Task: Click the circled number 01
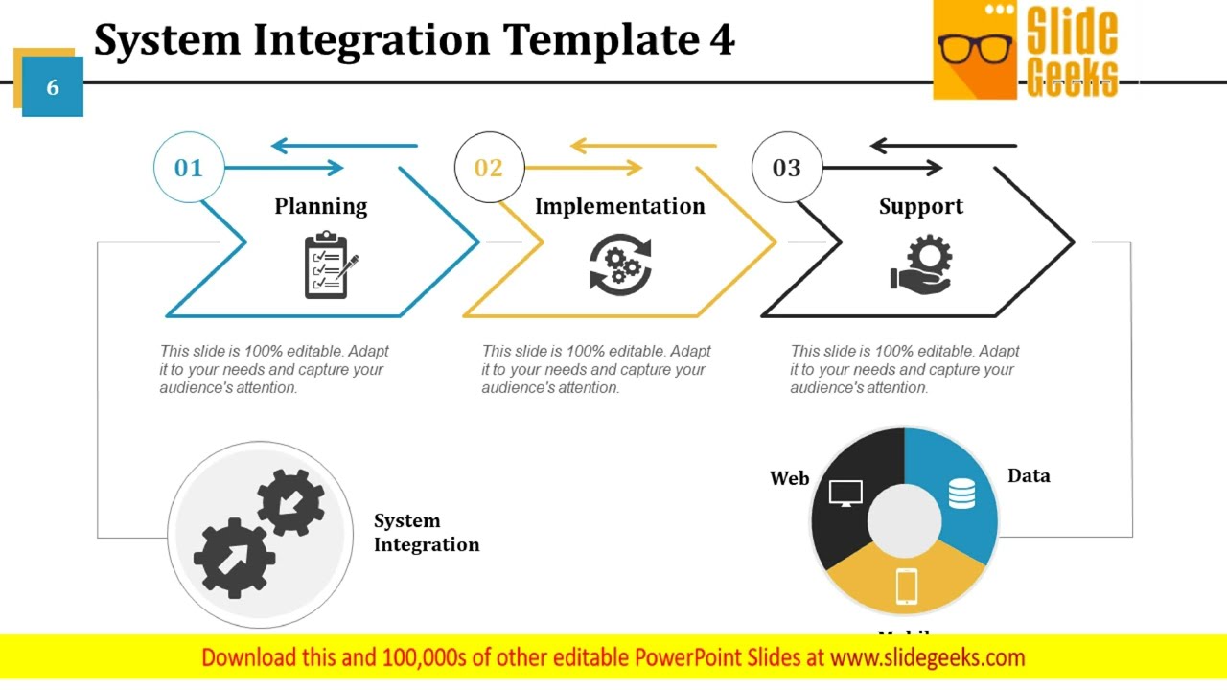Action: tap(189, 168)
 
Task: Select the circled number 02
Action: tap(489, 168)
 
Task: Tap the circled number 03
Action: tap(787, 168)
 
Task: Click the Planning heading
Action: tap(321, 206)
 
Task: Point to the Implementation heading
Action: tap(619, 206)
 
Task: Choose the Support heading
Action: tap(921, 206)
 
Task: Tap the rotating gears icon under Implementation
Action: tap(620, 265)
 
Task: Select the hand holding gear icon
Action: tap(921, 264)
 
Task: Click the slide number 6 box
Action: tap(53, 87)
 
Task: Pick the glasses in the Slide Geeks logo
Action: tap(975, 48)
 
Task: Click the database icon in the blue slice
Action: tap(961, 494)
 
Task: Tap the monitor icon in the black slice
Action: tap(845, 494)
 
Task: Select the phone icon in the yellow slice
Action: tap(906, 586)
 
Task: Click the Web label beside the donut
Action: tap(790, 478)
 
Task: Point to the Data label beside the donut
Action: tap(1029, 475)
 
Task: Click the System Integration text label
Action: tap(426, 533)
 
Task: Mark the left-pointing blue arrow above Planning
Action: tap(344, 146)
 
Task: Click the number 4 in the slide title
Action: tap(722, 40)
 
